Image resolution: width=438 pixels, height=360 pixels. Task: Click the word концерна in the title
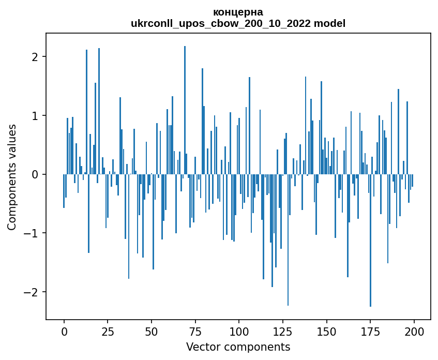point(238,12)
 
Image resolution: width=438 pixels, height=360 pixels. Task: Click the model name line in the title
point(238,23)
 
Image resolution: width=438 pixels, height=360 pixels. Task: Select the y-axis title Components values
point(11,177)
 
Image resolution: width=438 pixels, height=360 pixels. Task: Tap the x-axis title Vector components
point(238,347)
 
